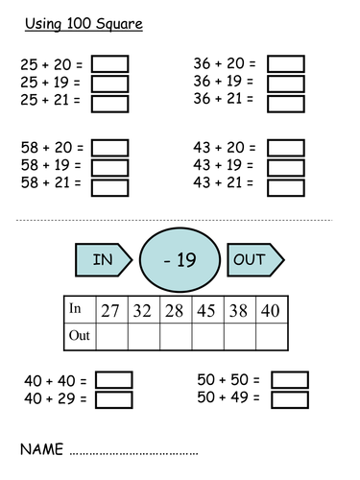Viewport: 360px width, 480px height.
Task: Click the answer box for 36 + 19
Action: click(285, 83)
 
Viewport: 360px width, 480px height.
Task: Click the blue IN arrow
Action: click(103, 259)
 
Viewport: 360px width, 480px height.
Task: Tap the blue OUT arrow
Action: click(254, 259)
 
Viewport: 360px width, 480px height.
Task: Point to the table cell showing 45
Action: click(206, 309)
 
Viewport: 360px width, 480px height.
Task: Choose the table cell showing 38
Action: click(240, 309)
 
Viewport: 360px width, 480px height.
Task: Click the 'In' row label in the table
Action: click(77, 309)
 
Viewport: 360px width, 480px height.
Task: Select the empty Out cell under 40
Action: click(273, 336)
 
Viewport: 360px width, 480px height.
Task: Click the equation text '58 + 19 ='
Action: click(52, 166)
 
